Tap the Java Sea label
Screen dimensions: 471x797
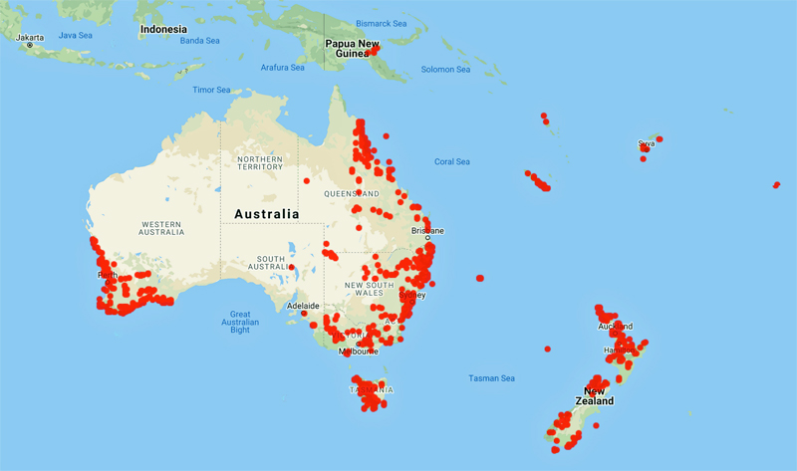click(76, 35)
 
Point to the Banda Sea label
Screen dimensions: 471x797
click(199, 41)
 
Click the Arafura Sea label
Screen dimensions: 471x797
click(282, 68)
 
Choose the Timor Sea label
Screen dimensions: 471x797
click(211, 90)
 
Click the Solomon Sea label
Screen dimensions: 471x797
click(444, 69)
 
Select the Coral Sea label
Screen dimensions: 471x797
click(452, 161)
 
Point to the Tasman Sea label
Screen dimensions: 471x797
click(491, 378)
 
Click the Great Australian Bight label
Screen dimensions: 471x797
click(239, 322)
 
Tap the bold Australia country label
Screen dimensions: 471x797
click(266, 214)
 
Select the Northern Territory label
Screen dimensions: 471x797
click(259, 162)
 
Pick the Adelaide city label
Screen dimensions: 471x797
click(302, 306)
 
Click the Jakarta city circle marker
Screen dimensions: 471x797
click(30, 46)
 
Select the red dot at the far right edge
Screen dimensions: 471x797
click(776, 184)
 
